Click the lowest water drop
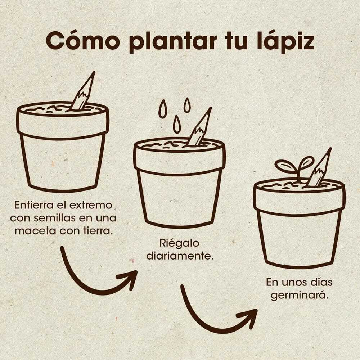pos(176,124)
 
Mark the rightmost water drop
pos(187,105)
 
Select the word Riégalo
pos(179,243)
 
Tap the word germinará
pos(300,295)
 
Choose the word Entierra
pos(34,205)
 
